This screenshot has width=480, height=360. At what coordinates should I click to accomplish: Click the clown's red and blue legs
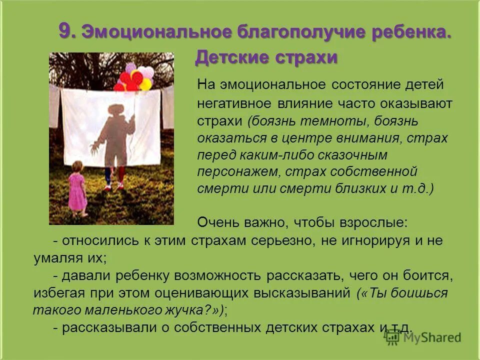point(114,177)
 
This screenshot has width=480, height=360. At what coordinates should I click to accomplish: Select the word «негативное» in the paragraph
point(230,104)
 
